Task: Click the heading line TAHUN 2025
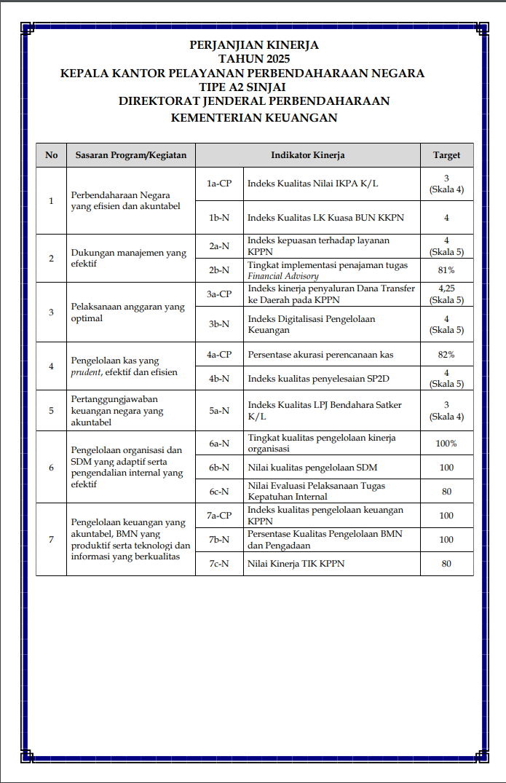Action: coord(253,59)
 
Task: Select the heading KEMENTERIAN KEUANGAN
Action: coord(253,117)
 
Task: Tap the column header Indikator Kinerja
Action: coord(307,155)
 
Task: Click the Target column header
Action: coord(446,155)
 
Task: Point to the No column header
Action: coord(51,155)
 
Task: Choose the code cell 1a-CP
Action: coord(219,184)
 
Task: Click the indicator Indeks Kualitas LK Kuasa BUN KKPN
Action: coord(325,217)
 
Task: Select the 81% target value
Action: coord(446,270)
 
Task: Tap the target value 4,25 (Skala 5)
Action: coord(446,294)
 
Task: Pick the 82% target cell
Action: coord(446,355)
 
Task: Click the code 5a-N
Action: coord(219,411)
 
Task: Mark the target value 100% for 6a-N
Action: coord(446,444)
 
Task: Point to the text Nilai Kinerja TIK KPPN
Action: coord(296,564)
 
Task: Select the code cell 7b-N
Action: coord(219,540)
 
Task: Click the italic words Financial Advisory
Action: coord(283,276)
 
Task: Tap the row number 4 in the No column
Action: coord(51,366)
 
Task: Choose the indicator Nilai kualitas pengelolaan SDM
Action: coord(312,468)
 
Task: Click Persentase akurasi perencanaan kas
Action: coord(320,355)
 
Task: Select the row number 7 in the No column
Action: coord(51,540)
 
